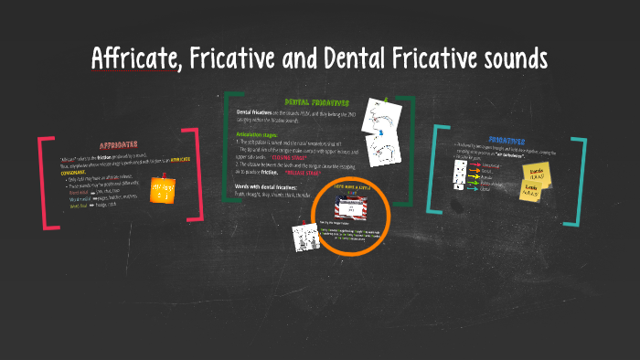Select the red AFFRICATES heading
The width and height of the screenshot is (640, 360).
pos(118,143)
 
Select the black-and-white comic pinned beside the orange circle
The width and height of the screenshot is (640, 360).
pos(304,237)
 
